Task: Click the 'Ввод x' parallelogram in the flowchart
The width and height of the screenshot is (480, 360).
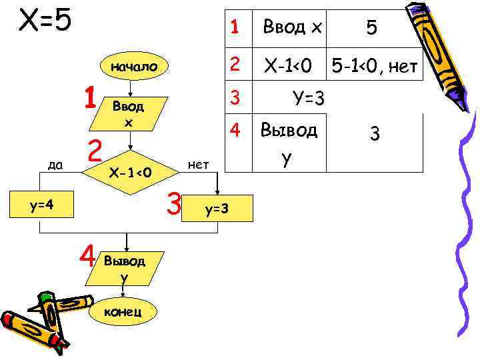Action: (x=129, y=114)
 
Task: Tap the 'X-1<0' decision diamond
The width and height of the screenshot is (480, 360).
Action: (x=131, y=173)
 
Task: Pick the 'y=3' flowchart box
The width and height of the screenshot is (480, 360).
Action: (x=217, y=209)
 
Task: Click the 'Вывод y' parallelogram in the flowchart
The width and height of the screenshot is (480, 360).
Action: (x=125, y=267)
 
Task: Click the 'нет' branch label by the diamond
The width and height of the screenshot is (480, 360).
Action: (x=198, y=163)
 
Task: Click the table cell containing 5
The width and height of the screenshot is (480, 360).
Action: (x=372, y=27)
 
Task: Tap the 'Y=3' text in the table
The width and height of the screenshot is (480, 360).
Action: (x=309, y=99)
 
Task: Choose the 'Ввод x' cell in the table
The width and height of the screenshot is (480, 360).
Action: (x=292, y=27)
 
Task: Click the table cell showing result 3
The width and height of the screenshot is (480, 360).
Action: (x=375, y=135)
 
